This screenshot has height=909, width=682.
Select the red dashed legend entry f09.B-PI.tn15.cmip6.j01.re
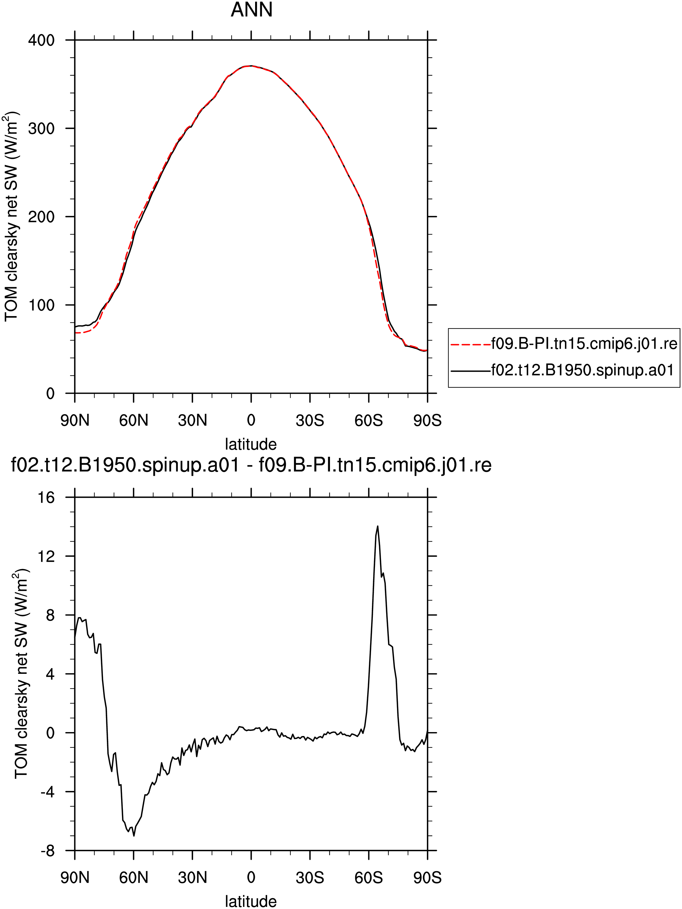pos(564,343)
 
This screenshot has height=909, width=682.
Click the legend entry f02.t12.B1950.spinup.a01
pos(562,371)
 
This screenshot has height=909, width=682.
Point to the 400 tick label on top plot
pos(41,40)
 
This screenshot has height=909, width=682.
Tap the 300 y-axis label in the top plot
pos(41,129)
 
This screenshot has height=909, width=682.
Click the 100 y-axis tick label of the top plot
pos(41,305)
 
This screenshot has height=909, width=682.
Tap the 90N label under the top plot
pos(75,421)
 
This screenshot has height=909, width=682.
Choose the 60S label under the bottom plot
pos(369,878)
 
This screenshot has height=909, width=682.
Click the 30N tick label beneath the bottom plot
pos(192,878)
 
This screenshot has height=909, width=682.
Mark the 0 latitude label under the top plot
pos(251,421)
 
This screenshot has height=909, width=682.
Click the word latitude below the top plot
pos(251,444)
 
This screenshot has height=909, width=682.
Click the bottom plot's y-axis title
pos(21,674)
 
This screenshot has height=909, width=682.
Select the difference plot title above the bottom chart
pos(251,465)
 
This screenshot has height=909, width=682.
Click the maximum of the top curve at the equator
pos(251,66)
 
